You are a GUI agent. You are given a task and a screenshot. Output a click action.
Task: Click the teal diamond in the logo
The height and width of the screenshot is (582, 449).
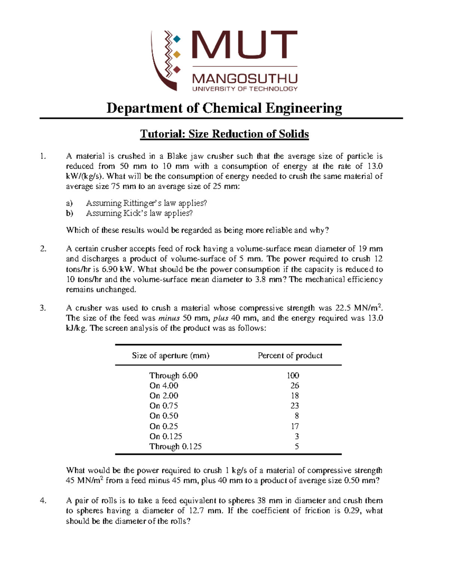pyautogui.click(x=177, y=39)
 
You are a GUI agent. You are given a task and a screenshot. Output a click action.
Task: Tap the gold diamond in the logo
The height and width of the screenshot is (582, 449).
pyautogui.click(x=177, y=54)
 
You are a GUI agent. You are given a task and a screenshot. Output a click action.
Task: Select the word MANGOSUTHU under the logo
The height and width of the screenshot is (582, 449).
pyautogui.click(x=245, y=79)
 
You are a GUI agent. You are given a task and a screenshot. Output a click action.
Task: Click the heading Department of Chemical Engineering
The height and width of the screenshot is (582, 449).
pyautogui.click(x=224, y=108)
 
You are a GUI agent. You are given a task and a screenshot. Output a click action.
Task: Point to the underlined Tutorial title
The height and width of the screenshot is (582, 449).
pyautogui.click(x=224, y=134)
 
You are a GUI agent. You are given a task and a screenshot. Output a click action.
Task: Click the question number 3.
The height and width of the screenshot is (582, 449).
pyautogui.click(x=43, y=308)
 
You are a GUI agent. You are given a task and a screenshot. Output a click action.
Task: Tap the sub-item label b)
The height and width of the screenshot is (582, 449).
pyautogui.click(x=69, y=213)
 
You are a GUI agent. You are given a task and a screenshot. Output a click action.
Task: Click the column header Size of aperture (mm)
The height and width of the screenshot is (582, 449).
pyautogui.click(x=171, y=356)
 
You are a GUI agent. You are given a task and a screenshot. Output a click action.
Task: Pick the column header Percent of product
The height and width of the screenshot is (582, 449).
pyautogui.click(x=290, y=356)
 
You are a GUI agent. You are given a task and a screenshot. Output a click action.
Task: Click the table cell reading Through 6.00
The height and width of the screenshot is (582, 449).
pyautogui.click(x=173, y=376)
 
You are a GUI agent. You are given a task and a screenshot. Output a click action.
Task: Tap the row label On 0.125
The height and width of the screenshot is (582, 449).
pyautogui.click(x=165, y=436)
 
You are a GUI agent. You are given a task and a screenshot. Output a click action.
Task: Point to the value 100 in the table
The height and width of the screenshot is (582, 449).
pyautogui.click(x=293, y=376)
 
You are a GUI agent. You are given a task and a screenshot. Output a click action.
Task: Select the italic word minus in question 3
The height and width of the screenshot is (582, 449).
pyautogui.click(x=169, y=318)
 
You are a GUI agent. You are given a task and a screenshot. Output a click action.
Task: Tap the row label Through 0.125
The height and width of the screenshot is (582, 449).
pyautogui.click(x=175, y=446)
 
